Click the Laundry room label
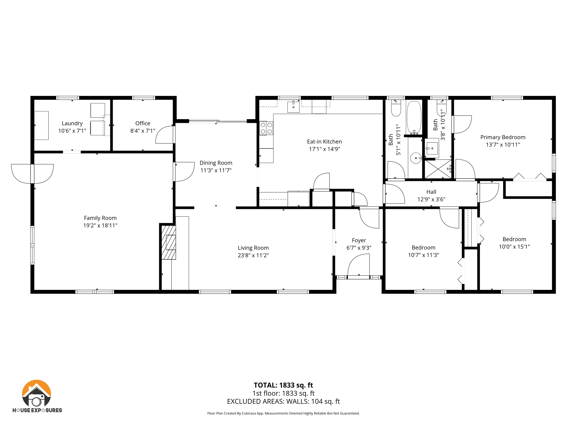point(72,123)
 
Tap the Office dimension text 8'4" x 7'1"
point(143,131)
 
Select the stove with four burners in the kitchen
point(266,128)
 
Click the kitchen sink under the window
point(293,107)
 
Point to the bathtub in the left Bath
point(414,117)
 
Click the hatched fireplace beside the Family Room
point(169,242)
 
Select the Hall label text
point(431,192)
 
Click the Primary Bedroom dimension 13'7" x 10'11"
point(503,144)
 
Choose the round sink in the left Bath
point(416,158)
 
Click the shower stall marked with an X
point(438,169)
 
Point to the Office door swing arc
point(164,135)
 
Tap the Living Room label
point(253,248)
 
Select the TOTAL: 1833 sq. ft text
point(283,385)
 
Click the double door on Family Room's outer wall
point(32,173)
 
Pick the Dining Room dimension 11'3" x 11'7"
point(216,170)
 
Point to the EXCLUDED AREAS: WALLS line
point(283,401)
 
